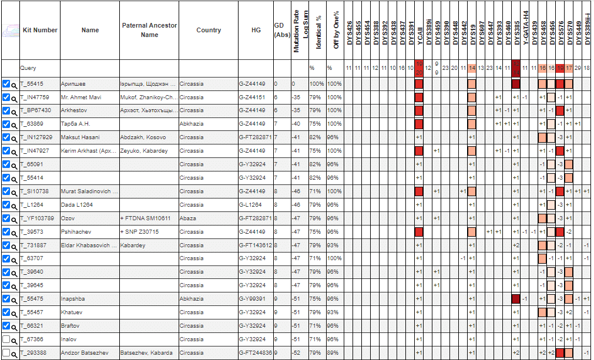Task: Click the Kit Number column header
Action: (x=40, y=30)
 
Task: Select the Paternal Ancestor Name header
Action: (x=149, y=30)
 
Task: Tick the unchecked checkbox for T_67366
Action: (x=6, y=339)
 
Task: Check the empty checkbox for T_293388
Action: (x=6, y=353)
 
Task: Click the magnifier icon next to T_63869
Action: (x=14, y=125)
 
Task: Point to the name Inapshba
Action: (x=73, y=299)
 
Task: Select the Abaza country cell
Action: (x=188, y=218)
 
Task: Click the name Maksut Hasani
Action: (x=80, y=137)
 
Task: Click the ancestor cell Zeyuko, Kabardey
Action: (x=144, y=151)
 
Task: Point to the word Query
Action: (x=28, y=68)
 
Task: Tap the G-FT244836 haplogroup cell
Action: (x=255, y=353)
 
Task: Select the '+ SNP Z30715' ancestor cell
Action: (x=139, y=232)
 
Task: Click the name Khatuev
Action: (x=72, y=312)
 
